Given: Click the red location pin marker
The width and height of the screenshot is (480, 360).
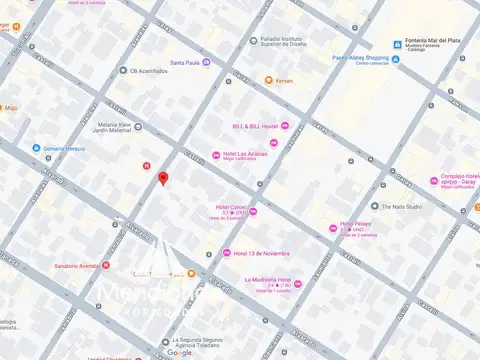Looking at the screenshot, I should (x=163, y=179).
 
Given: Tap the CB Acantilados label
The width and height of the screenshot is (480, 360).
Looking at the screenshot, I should (x=150, y=71).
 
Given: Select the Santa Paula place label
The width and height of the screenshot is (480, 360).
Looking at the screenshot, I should (x=185, y=62).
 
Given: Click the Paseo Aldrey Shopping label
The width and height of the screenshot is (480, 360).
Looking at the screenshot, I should (x=361, y=58).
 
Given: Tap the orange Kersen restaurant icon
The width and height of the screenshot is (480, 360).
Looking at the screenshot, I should (x=269, y=80).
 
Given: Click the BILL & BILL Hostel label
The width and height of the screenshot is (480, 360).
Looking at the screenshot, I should (x=255, y=126).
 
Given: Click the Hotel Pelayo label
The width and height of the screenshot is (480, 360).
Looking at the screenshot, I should (x=357, y=224).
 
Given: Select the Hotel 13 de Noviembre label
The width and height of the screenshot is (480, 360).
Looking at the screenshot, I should (x=264, y=252).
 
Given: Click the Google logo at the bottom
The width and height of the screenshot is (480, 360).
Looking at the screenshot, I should (x=180, y=352).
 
